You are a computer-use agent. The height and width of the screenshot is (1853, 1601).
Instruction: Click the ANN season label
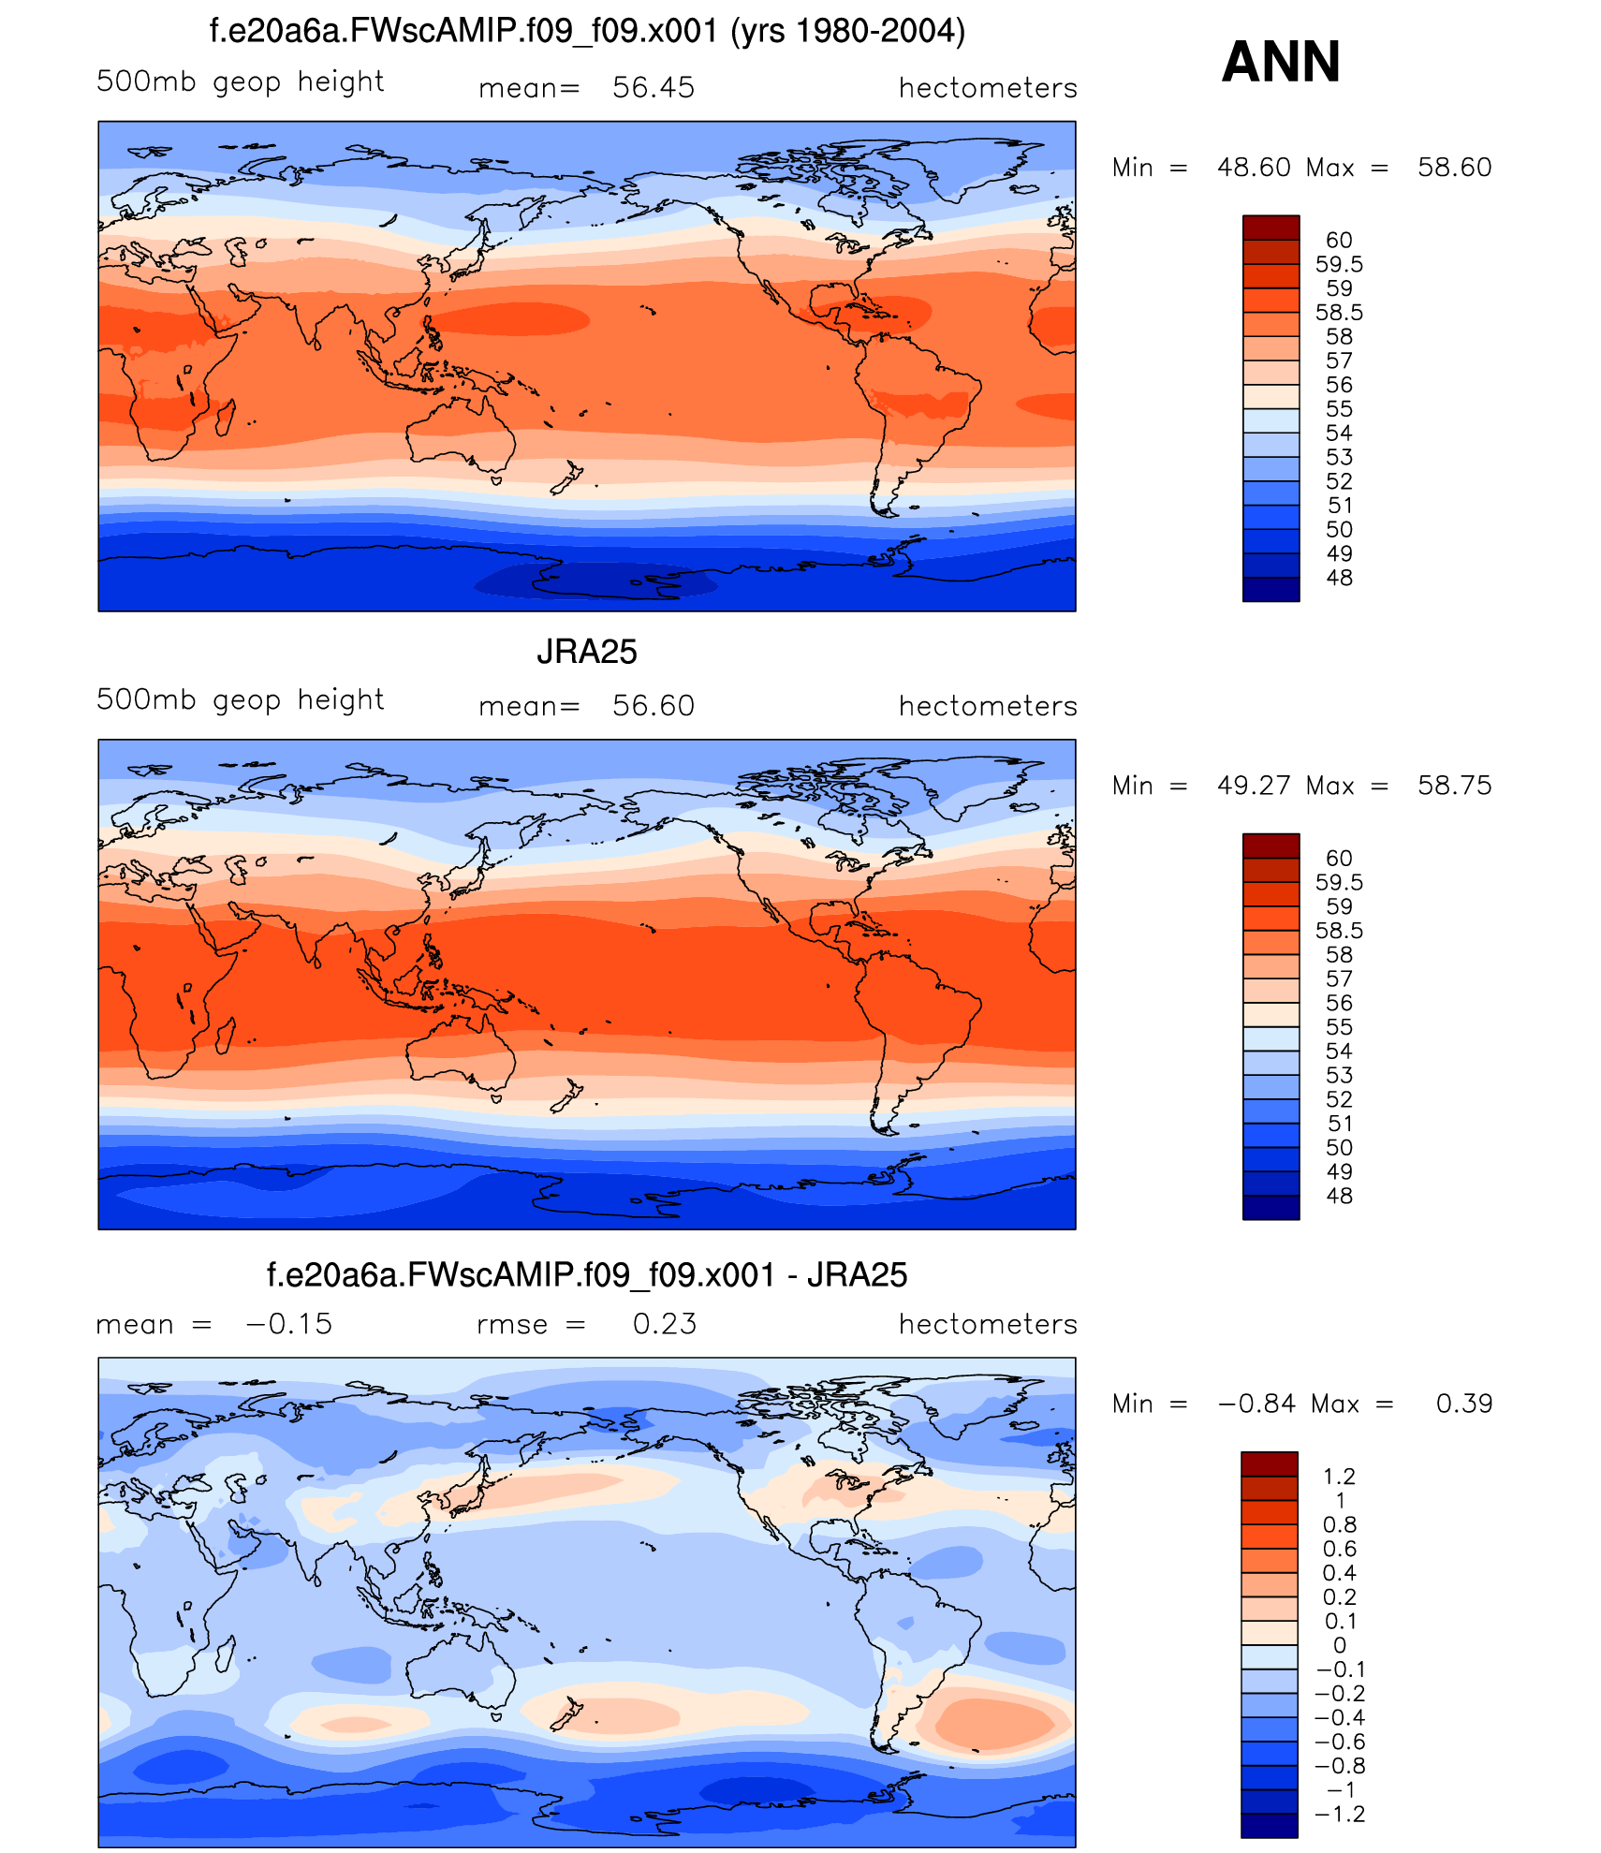(1281, 62)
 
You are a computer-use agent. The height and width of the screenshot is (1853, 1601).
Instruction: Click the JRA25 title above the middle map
(586, 652)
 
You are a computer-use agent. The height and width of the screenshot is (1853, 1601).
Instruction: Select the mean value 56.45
(653, 88)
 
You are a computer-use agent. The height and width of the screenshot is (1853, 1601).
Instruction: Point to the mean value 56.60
(653, 706)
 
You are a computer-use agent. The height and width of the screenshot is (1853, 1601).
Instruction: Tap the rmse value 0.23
(664, 1324)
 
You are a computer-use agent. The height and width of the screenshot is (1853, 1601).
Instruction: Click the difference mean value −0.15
(288, 1324)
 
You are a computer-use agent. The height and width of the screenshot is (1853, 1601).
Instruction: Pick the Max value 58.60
(1454, 168)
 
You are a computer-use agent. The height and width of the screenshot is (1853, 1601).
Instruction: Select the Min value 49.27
(1254, 786)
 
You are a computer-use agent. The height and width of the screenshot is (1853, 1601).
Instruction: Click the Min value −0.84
(1256, 1404)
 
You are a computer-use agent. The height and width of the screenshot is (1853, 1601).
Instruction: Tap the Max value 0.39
(1464, 1404)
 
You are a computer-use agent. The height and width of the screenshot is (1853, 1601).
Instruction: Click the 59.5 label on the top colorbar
(1339, 265)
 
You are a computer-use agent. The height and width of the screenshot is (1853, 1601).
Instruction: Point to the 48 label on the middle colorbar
(1339, 1196)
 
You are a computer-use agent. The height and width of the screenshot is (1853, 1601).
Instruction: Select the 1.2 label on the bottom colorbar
(1339, 1477)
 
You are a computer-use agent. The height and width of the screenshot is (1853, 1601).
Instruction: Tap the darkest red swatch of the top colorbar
(1271, 228)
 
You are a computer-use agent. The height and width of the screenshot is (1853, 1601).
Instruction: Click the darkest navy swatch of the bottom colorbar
(1269, 1826)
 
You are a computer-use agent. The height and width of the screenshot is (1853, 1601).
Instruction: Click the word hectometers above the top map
(988, 88)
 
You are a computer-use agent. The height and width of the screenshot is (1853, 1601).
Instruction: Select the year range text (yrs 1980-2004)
(847, 32)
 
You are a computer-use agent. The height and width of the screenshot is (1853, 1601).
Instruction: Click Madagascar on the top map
(225, 416)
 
